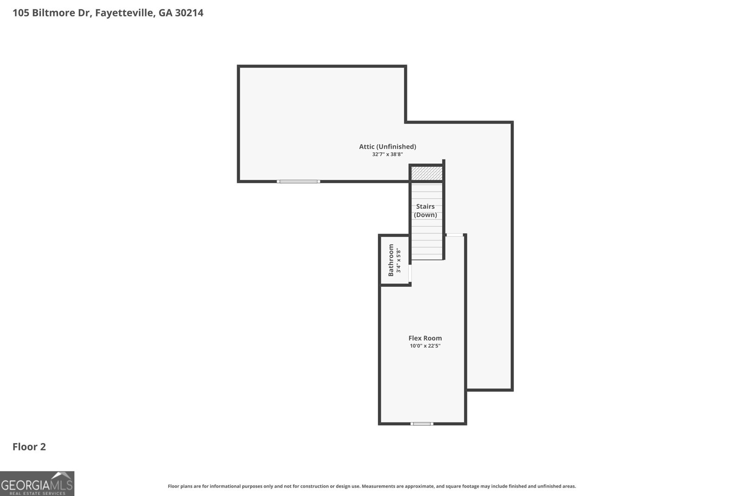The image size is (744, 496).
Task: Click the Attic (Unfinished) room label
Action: pyautogui.click(x=387, y=146)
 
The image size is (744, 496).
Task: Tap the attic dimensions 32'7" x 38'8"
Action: pyautogui.click(x=387, y=154)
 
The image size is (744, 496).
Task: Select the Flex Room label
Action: pyautogui.click(x=425, y=338)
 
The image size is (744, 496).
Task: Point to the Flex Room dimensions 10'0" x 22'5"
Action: pyautogui.click(x=425, y=346)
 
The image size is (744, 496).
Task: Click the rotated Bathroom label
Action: pyautogui.click(x=391, y=260)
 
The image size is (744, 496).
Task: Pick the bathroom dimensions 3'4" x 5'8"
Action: pyautogui.click(x=399, y=260)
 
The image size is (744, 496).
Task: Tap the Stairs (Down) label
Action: pyautogui.click(x=425, y=211)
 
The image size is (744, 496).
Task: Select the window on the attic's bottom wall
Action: pyautogui.click(x=298, y=181)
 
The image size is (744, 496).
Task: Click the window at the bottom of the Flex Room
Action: pyautogui.click(x=422, y=423)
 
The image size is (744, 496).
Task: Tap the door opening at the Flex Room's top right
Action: pyautogui.click(x=454, y=235)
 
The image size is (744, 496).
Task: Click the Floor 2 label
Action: pyautogui.click(x=29, y=447)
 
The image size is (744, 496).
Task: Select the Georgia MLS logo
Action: pyautogui.click(x=37, y=483)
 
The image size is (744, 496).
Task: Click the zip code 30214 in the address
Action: pyautogui.click(x=189, y=13)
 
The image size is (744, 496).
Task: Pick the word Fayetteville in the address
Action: pyautogui.click(x=125, y=13)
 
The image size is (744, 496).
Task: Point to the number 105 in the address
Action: pyautogui.click(x=20, y=13)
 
